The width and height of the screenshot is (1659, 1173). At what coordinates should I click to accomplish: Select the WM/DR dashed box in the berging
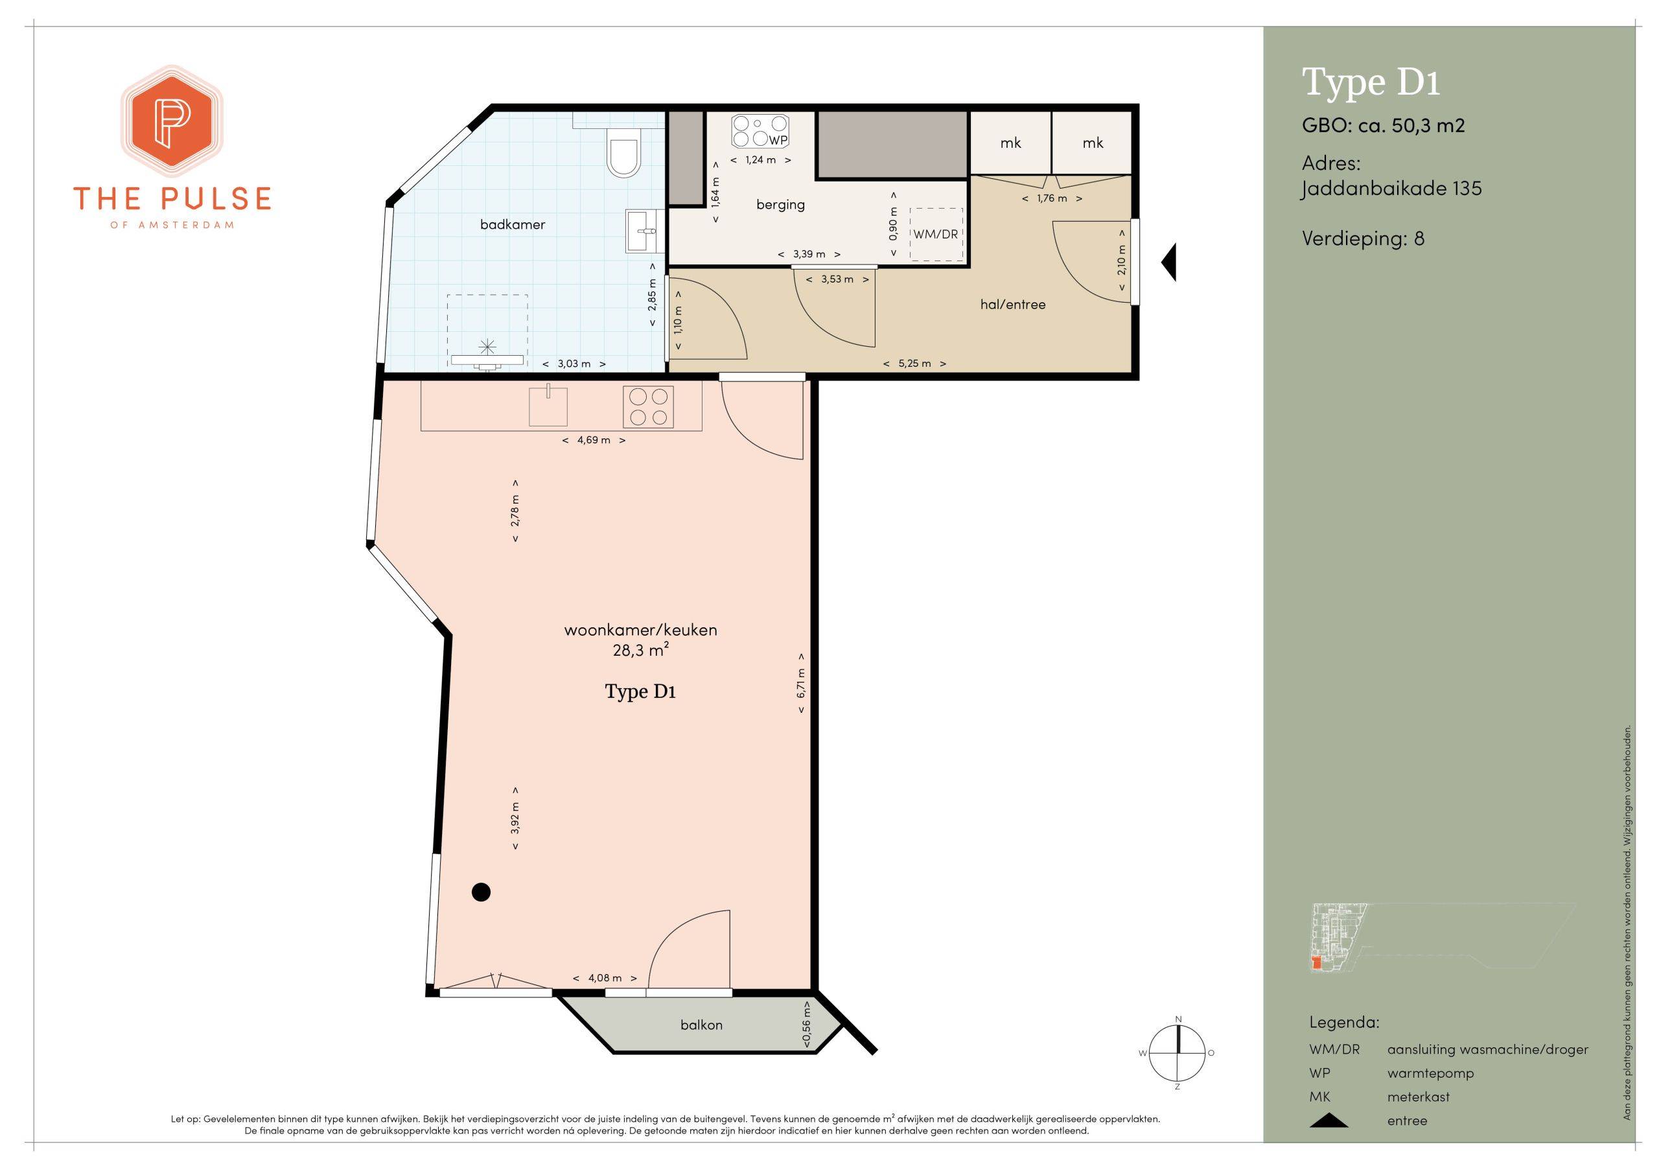[936, 234]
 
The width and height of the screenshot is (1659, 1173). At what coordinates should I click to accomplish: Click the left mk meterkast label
[1010, 143]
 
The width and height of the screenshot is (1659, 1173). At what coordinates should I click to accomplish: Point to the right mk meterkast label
[1093, 143]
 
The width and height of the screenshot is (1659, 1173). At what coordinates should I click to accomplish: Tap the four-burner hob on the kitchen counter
[648, 406]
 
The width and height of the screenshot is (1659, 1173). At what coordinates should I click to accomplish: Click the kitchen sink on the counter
[548, 406]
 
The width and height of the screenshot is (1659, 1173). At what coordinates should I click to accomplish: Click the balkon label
[701, 1025]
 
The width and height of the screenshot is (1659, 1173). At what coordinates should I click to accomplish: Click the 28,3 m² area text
[640, 650]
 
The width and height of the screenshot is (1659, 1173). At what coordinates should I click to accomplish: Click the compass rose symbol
[1178, 1053]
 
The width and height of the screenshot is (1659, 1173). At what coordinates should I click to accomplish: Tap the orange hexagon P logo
[171, 121]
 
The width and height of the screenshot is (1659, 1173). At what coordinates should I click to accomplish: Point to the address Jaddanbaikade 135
[1391, 189]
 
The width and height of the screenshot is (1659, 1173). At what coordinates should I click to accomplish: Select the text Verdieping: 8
[1363, 239]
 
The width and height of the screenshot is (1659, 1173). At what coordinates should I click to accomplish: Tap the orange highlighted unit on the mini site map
[1316, 962]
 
